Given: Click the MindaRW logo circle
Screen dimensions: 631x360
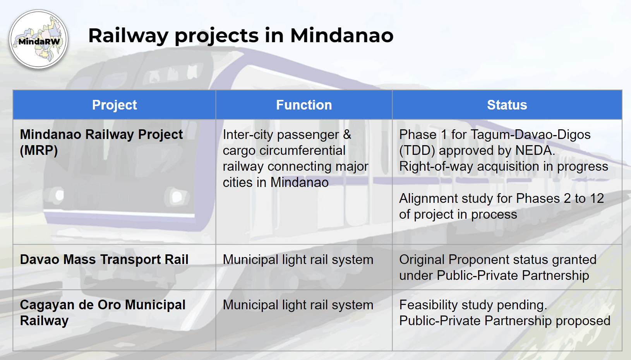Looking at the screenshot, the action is (x=39, y=39).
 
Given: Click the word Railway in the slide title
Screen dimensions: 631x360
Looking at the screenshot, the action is (x=128, y=36).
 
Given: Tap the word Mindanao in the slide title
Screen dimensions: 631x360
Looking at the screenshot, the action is (x=342, y=36).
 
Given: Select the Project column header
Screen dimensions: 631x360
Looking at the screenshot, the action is (x=114, y=105).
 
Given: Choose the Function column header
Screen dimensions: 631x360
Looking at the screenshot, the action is (x=304, y=105).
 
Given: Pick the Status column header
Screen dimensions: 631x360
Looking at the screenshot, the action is (x=507, y=105).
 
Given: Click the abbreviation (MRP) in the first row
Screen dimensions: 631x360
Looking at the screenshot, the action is (x=39, y=151).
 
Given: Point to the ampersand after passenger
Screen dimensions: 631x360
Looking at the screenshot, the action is (x=347, y=135).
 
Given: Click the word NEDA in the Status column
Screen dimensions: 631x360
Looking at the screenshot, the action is (x=535, y=151).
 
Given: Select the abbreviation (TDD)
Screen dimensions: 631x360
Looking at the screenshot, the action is (x=417, y=151).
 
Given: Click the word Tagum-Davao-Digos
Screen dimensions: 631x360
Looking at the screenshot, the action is (x=530, y=135).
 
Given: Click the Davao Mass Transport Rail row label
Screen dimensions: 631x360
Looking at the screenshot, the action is (x=104, y=259).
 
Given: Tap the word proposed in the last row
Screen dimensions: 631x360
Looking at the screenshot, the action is (x=583, y=321).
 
